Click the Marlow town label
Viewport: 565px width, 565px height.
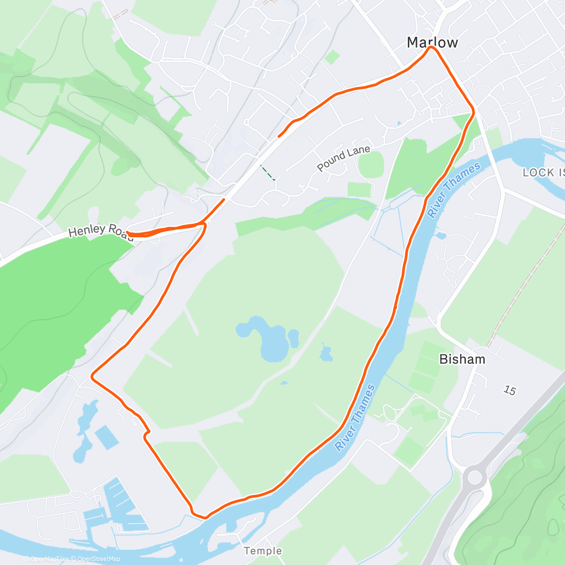coord(432,42)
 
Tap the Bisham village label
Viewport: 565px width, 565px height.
coord(462,359)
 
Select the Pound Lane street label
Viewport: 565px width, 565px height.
coord(343,158)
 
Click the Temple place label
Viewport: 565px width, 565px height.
coord(263,551)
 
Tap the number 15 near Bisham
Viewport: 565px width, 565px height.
coord(509,390)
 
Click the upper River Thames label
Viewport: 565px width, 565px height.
coord(453,189)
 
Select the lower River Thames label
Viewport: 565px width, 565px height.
coord(355,418)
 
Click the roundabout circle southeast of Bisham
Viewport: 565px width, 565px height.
coord(474,477)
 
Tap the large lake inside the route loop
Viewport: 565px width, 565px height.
coord(264,337)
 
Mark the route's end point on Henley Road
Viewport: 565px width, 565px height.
coord(128,232)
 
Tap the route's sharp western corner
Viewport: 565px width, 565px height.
coord(92,376)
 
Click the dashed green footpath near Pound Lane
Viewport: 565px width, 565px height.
coord(268,173)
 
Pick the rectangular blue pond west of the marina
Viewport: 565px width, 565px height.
coord(106,437)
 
